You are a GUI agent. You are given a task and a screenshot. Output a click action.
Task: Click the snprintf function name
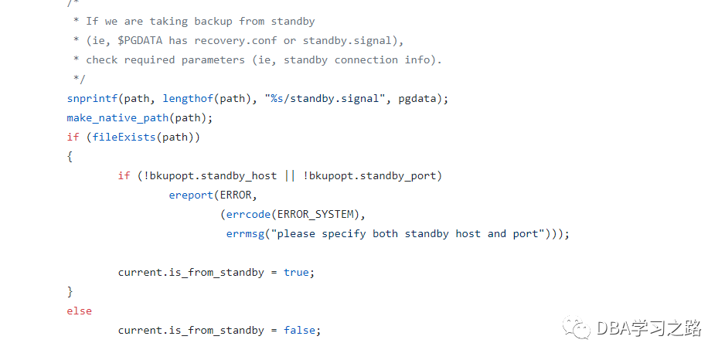tap(92, 99)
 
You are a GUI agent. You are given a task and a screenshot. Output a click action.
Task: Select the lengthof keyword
tap(187, 99)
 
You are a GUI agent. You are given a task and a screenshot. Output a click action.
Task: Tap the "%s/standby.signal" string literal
tap(328, 99)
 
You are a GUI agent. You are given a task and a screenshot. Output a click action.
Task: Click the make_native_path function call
tap(117, 118)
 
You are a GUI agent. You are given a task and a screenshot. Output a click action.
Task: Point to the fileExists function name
tap(124, 138)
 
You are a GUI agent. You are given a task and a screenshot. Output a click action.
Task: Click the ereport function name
tap(190, 195)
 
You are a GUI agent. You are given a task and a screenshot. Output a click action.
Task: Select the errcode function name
tap(248, 215)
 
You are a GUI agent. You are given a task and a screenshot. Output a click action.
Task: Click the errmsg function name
tap(244, 234)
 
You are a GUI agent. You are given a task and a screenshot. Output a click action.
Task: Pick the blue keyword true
tap(296, 272)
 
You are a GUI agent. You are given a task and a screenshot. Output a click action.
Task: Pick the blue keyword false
tap(299, 330)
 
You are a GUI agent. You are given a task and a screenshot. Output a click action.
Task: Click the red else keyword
tap(80, 311)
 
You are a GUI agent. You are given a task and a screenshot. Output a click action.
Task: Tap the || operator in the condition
tap(289, 176)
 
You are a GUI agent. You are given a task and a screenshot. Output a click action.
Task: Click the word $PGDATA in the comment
tap(140, 41)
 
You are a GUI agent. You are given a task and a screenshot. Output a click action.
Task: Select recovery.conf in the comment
tap(235, 41)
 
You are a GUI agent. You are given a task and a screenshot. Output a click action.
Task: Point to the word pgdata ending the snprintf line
tap(417, 99)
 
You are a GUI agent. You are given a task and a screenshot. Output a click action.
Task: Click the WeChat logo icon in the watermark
tap(577, 328)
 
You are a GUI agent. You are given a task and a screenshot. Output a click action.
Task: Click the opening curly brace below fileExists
tap(70, 157)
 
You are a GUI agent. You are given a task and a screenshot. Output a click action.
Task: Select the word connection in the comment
tap(366, 60)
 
